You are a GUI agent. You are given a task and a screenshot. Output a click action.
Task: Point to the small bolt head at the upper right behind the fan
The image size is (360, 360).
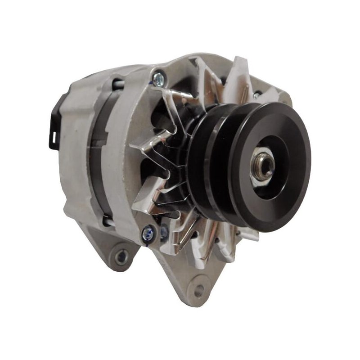pos(256,95)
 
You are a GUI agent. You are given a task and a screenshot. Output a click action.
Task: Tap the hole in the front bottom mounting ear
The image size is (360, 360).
pos(198,290)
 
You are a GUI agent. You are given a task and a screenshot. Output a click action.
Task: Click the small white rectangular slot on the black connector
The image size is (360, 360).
pos(52,136)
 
